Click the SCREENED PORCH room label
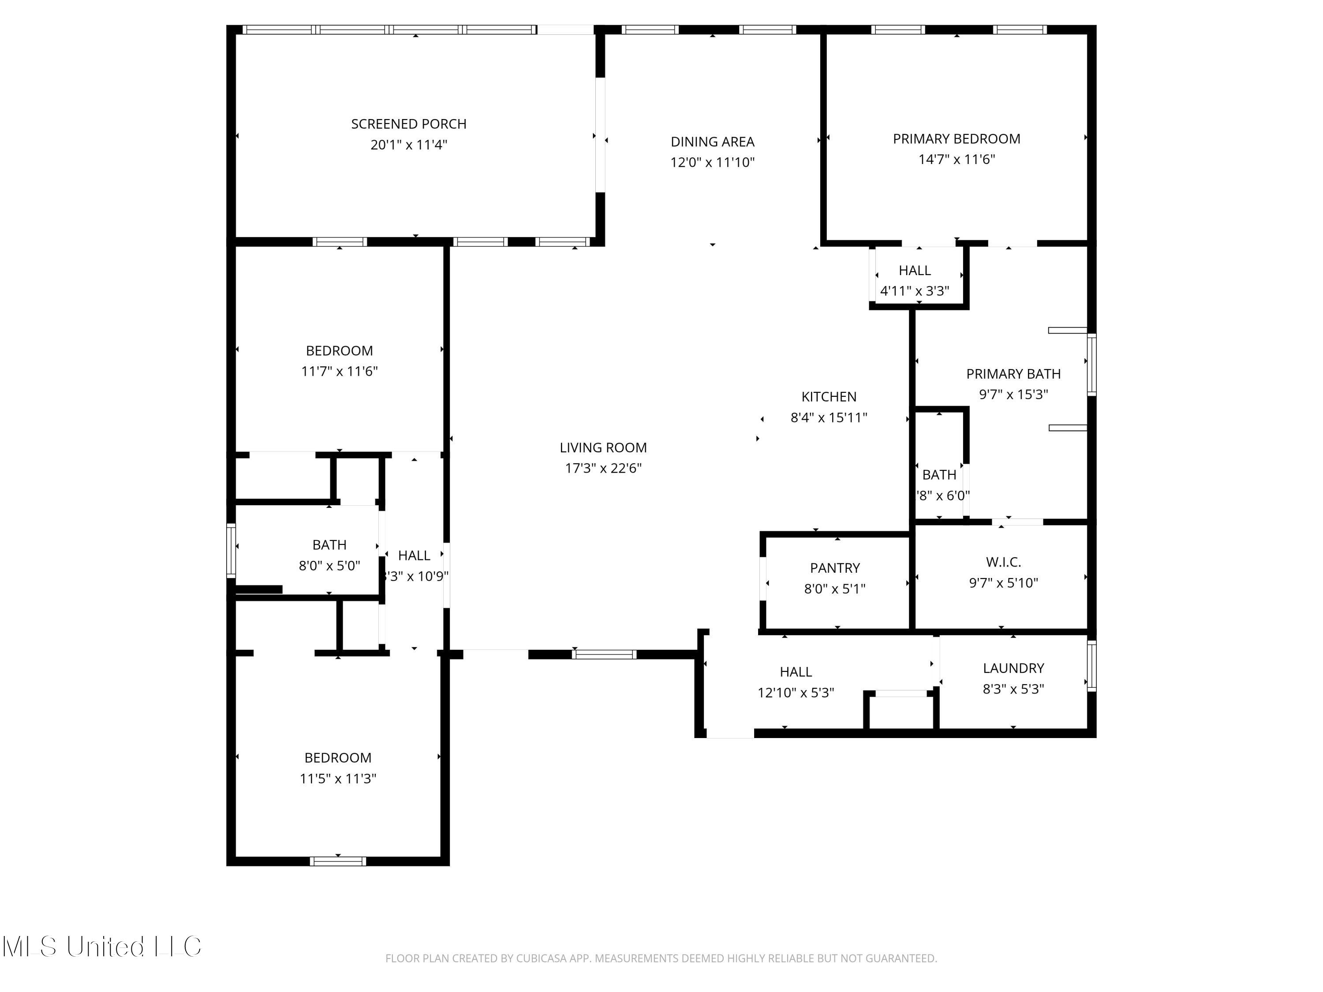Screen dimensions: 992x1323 pyautogui.click(x=408, y=124)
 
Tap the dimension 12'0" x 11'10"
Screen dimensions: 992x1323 pyautogui.click(x=712, y=163)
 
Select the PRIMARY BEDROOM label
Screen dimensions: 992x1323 pyautogui.click(x=957, y=139)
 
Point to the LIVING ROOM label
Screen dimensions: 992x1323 pyautogui.click(x=603, y=447)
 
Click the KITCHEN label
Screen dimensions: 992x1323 pyautogui.click(x=828, y=396)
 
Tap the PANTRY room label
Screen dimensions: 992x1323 pyautogui.click(x=834, y=567)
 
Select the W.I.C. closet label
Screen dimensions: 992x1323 pyautogui.click(x=1003, y=562)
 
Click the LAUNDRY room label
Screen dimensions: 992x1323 pyautogui.click(x=1013, y=668)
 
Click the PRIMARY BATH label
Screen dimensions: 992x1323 pyautogui.click(x=1013, y=374)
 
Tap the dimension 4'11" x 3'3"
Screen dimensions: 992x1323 pyautogui.click(x=915, y=291)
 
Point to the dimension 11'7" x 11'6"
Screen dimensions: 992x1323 pyautogui.click(x=339, y=371)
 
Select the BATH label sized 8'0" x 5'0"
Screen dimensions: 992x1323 pyautogui.click(x=329, y=545)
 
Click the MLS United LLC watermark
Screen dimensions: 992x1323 pyautogui.click(x=102, y=947)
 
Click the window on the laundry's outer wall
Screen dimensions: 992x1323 pyautogui.click(x=1091, y=665)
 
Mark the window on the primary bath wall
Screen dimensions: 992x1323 pyautogui.click(x=1091, y=365)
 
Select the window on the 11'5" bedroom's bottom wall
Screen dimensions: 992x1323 pyautogui.click(x=338, y=861)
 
